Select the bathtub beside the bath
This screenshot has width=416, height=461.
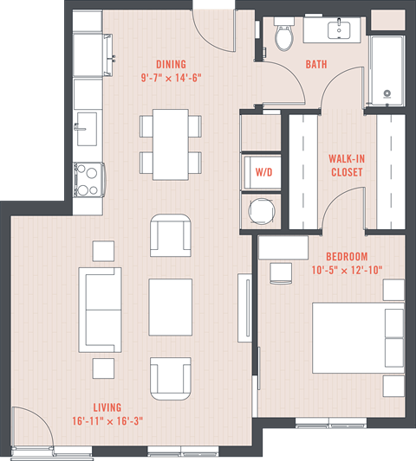click(x=387, y=69)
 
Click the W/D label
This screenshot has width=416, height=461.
click(x=263, y=172)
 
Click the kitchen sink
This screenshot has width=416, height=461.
click(x=88, y=129)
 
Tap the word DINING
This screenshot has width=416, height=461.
click(x=171, y=64)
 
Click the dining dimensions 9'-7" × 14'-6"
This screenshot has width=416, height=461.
click(x=171, y=79)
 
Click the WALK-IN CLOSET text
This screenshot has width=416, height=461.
click(x=345, y=165)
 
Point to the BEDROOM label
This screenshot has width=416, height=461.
click(x=347, y=257)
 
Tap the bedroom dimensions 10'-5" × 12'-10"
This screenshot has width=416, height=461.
click(x=347, y=271)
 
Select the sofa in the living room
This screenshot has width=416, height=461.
click(x=101, y=309)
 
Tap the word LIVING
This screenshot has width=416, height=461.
click(x=107, y=407)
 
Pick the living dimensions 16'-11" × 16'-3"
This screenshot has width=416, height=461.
click(x=107, y=422)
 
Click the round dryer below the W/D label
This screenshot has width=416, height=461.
click(x=263, y=210)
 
